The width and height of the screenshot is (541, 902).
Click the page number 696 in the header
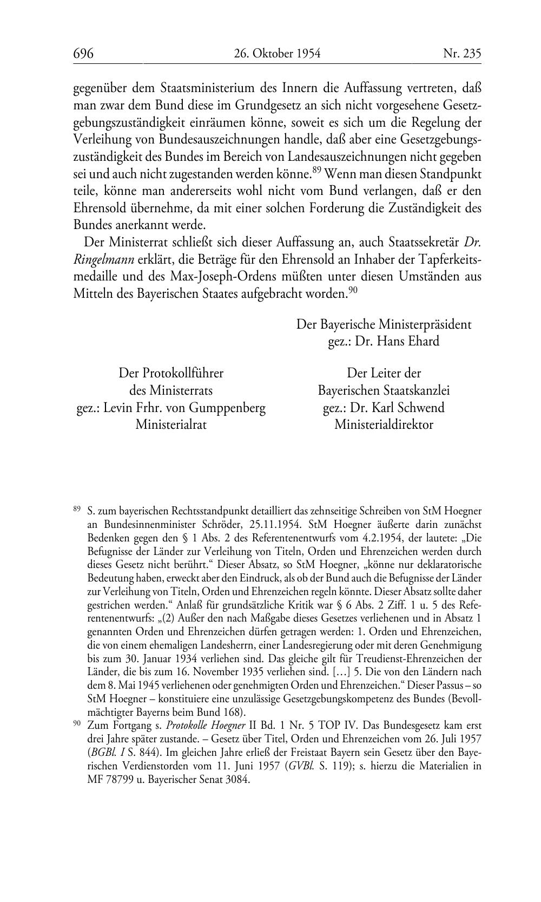pos(84,54)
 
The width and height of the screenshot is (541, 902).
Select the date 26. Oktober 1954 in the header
pos(278,54)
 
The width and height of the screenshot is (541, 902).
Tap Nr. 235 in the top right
pos(461,54)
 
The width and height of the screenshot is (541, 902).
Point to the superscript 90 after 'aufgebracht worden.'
pos(353,290)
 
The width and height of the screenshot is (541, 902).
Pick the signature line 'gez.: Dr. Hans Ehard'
pos(384,342)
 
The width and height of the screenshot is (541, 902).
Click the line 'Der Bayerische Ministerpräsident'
pos(384,324)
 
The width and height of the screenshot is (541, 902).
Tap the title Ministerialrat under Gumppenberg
pos(171,424)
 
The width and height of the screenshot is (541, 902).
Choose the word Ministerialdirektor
pos(384,424)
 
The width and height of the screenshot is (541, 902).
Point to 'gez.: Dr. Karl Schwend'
pos(384,407)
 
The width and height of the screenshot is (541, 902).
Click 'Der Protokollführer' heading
pos(171,373)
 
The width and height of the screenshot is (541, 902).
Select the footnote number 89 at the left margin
pos(77,509)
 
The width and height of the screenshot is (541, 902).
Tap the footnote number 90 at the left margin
pos(77,723)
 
